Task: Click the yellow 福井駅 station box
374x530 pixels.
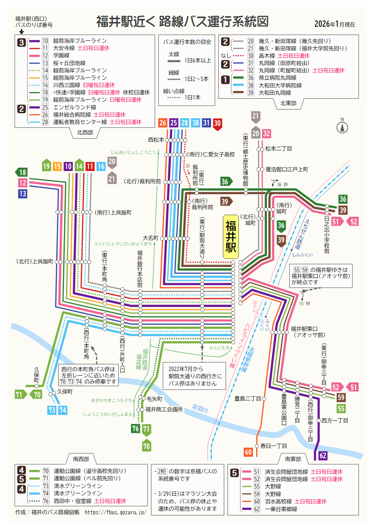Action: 231,236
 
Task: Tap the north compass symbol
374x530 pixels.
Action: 342,127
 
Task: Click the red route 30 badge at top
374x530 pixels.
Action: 217,124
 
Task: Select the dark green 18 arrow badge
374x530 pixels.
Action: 22,172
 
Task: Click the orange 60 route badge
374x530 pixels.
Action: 248,452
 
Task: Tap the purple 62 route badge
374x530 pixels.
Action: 323,456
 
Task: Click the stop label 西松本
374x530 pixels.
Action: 156,140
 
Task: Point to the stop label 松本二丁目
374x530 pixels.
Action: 278,149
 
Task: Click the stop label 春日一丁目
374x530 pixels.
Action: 273,446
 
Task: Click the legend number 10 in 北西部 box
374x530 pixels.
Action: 45,41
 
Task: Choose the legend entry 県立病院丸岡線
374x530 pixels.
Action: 277,78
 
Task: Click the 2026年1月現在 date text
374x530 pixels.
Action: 334,24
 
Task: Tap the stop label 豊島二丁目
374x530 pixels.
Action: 247,399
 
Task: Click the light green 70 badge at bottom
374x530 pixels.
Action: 146,446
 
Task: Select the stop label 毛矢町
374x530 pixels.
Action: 154,399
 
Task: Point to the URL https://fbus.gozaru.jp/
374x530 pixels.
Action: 116,512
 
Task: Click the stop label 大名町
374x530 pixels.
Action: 150,238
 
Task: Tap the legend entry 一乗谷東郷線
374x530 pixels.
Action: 281,509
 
